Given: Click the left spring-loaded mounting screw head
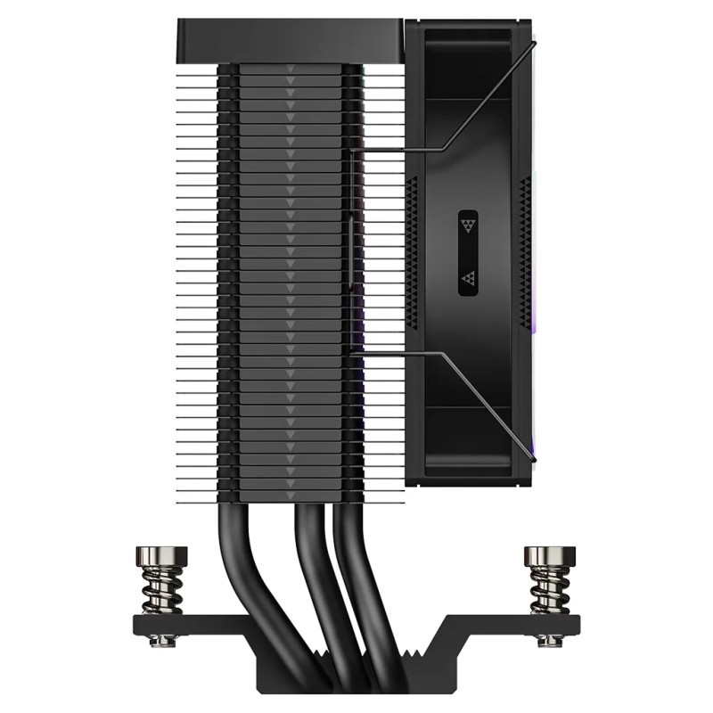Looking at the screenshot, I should (x=164, y=557).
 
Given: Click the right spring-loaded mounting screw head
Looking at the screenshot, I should (x=549, y=557).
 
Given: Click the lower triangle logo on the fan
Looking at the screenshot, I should (x=468, y=281).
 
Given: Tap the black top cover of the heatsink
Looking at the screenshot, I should (x=290, y=40).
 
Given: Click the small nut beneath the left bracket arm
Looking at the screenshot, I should (x=164, y=640).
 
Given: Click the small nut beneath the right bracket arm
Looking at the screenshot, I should (x=549, y=640).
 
